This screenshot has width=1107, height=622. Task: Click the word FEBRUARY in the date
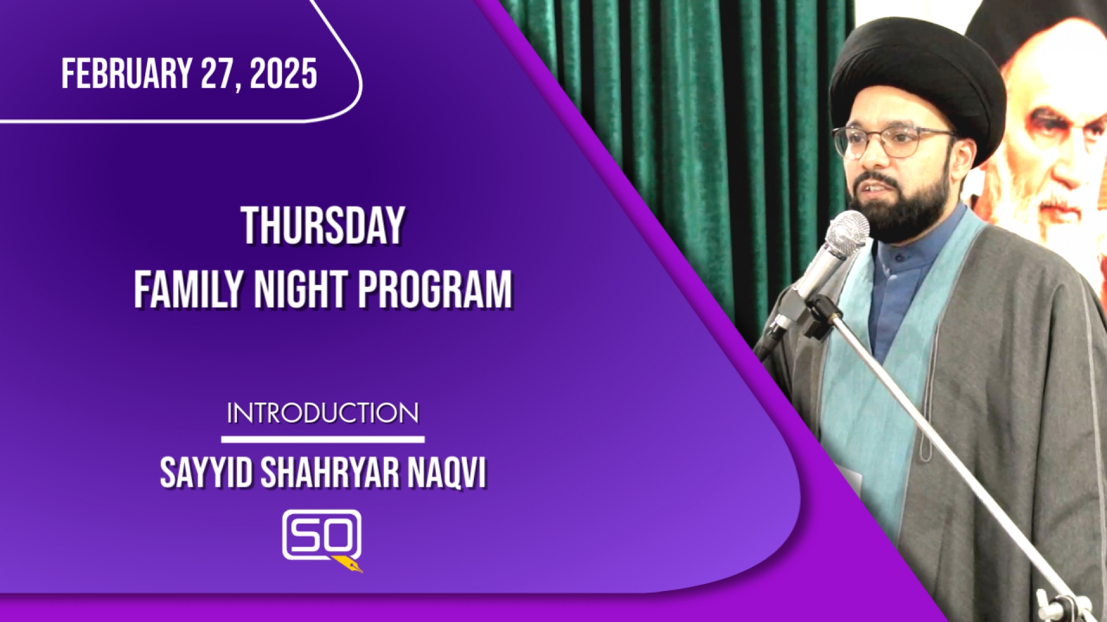coord(127,74)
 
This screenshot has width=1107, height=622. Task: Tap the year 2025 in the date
coord(284,74)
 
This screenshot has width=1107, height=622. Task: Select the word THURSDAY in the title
coord(323,226)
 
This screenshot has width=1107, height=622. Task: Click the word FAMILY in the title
coord(189,289)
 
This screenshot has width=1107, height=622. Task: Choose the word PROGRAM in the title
coord(435,289)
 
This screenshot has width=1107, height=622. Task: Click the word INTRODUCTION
coord(323,414)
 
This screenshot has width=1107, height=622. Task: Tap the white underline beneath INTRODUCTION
coord(323,439)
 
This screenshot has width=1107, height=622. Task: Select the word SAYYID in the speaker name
coord(206,473)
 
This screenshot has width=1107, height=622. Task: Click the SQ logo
coord(322,539)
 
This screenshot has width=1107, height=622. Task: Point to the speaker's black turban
coord(917,81)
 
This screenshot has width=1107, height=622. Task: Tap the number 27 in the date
coord(219,74)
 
